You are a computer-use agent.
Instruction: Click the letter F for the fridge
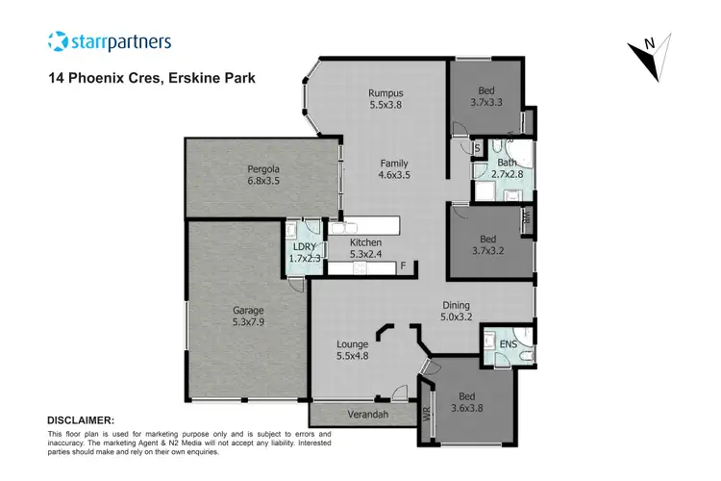(403, 266)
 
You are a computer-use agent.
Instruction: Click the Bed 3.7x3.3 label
(486, 94)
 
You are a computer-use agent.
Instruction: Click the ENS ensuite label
(508, 342)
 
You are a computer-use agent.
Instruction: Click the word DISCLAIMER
(81, 420)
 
